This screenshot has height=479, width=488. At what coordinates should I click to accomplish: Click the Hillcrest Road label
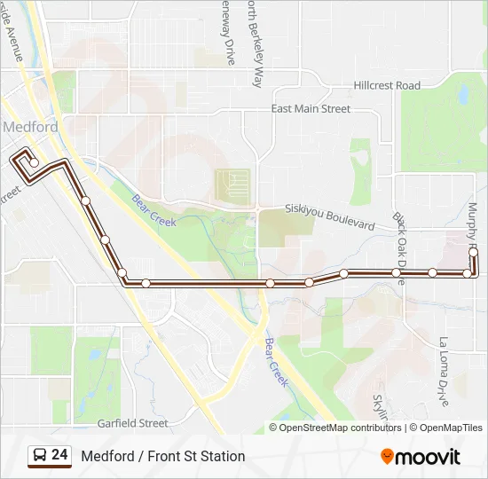[387, 85]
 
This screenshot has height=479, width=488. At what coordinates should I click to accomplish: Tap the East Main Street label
[311, 109]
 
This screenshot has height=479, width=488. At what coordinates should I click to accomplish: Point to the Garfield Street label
[132, 424]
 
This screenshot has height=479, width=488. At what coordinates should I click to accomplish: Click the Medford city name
[31, 127]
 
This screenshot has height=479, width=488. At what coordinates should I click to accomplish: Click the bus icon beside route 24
[41, 455]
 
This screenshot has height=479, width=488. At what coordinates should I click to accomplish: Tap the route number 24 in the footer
[59, 455]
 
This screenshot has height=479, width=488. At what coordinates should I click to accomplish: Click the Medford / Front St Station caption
[163, 456]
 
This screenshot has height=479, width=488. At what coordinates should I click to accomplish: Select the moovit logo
[421, 457]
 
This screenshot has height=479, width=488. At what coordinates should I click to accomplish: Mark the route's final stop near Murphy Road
[474, 253]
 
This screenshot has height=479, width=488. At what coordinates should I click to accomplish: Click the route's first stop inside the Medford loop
[34, 163]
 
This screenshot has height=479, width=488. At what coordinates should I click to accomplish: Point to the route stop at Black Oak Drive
[397, 272]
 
